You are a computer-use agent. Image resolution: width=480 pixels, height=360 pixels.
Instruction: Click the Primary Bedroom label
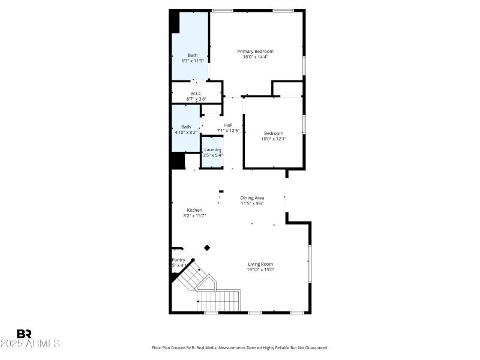(x=255, y=52)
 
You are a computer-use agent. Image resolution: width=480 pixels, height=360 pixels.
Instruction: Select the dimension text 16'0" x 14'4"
(x=255, y=58)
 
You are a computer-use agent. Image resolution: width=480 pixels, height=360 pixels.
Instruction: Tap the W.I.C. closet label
(x=196, y=94)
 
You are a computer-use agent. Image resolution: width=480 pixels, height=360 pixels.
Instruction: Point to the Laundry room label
(x=213, y=149)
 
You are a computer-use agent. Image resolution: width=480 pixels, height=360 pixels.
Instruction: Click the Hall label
(x=228, y=125)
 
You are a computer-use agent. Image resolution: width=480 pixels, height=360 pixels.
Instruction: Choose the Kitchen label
(x=194, y=210)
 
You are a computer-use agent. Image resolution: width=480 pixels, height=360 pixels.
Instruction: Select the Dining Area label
(x=252, y=197)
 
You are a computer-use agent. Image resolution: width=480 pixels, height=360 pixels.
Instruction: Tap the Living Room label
(x=261, y=264)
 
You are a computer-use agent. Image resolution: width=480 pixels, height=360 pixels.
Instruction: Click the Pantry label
(x=178, y=260)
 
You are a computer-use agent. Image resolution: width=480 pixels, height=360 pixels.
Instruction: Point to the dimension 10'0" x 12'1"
(x=273, y=139)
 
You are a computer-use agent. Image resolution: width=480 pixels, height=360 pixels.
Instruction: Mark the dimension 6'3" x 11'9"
(x=193, y=61)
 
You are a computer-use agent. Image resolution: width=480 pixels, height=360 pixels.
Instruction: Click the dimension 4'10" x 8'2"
(x=186, y=132)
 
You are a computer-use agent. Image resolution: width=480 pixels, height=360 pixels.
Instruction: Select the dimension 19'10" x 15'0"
(x=261, y=270)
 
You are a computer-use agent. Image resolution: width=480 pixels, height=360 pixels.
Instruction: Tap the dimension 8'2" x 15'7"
(x=194, y=215)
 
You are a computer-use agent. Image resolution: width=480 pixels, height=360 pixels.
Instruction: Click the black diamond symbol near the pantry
(x=208, y=247)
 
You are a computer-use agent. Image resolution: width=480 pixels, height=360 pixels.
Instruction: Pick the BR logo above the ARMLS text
(x=25, y=334)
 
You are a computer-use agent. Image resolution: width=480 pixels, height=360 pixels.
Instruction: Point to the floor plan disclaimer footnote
(x=240, y=348)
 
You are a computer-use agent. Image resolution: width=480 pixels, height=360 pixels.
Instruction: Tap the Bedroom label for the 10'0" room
(x=273, y=133)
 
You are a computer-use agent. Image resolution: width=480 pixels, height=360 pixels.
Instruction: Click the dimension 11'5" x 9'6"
(x=252, y=203)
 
